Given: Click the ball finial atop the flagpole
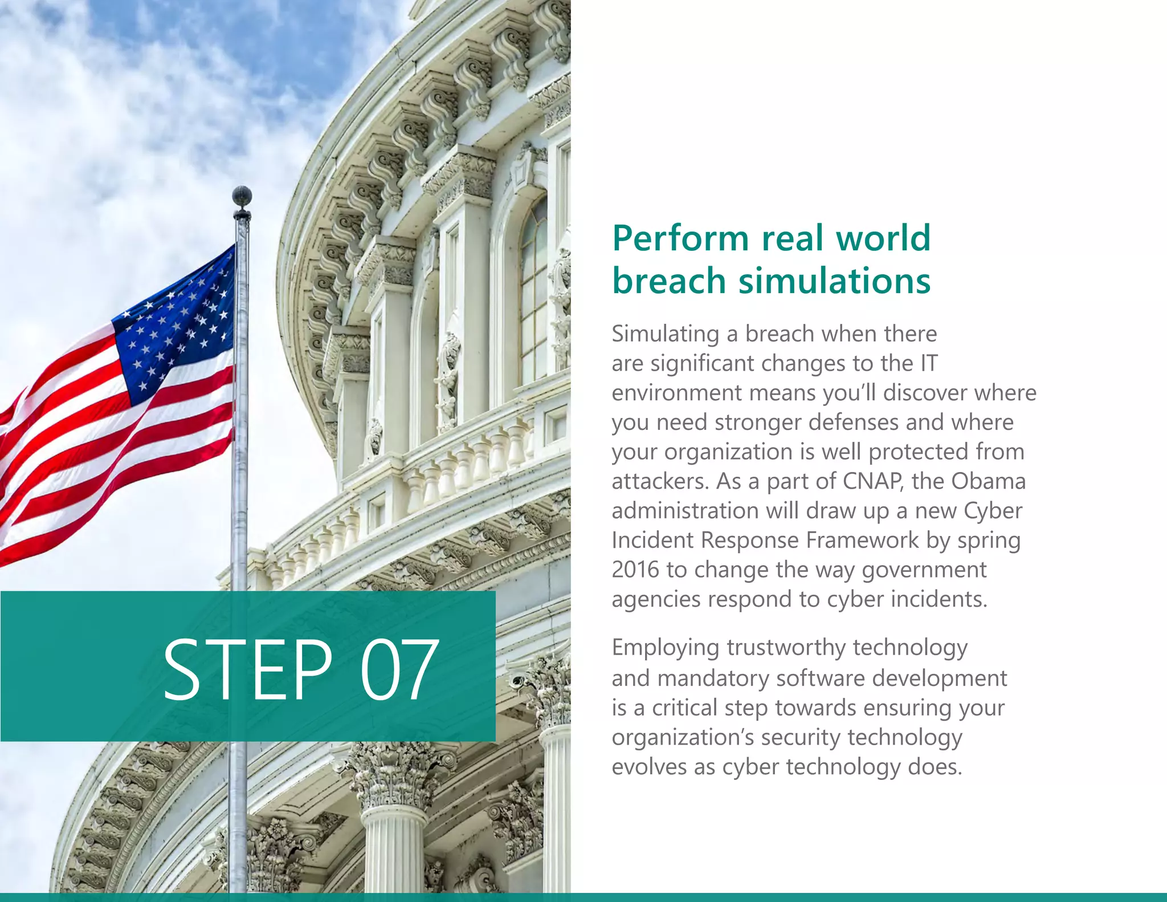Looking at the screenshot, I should coord(242,196).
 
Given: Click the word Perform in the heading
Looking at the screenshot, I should coord(680,238).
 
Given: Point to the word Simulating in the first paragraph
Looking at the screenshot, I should coord(665,334).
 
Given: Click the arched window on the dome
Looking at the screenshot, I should coord(534,291).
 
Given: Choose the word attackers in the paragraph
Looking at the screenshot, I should coord(660,481).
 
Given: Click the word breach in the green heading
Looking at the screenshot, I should coord(670,281).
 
